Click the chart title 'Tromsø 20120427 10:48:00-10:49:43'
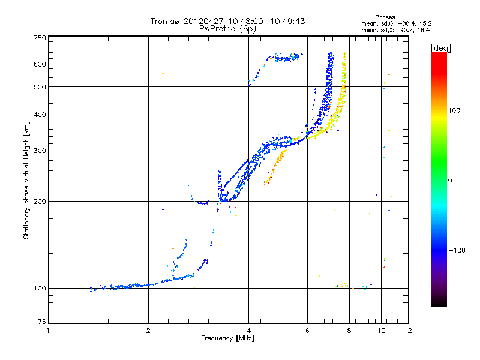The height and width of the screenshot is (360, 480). [x=227, y=21]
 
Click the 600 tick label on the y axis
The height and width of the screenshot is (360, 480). [x=39, y=64]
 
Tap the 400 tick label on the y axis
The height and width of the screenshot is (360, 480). [x=39, y=115]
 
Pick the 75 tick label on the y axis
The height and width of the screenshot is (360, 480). [x=41, y=324]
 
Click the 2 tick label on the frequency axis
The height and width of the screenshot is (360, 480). [x=148, y=331]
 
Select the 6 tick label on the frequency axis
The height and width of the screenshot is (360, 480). [x=307, y=331]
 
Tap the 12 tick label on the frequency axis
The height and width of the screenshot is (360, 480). [x=407, y=331]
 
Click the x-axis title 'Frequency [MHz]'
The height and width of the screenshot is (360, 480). [x=227, y=340]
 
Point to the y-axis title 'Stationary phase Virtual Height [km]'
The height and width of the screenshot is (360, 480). [x=26, y=181]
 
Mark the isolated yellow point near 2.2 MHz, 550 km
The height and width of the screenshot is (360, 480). [x=163, y=74]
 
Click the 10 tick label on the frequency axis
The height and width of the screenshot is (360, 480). [x=381, y=331]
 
